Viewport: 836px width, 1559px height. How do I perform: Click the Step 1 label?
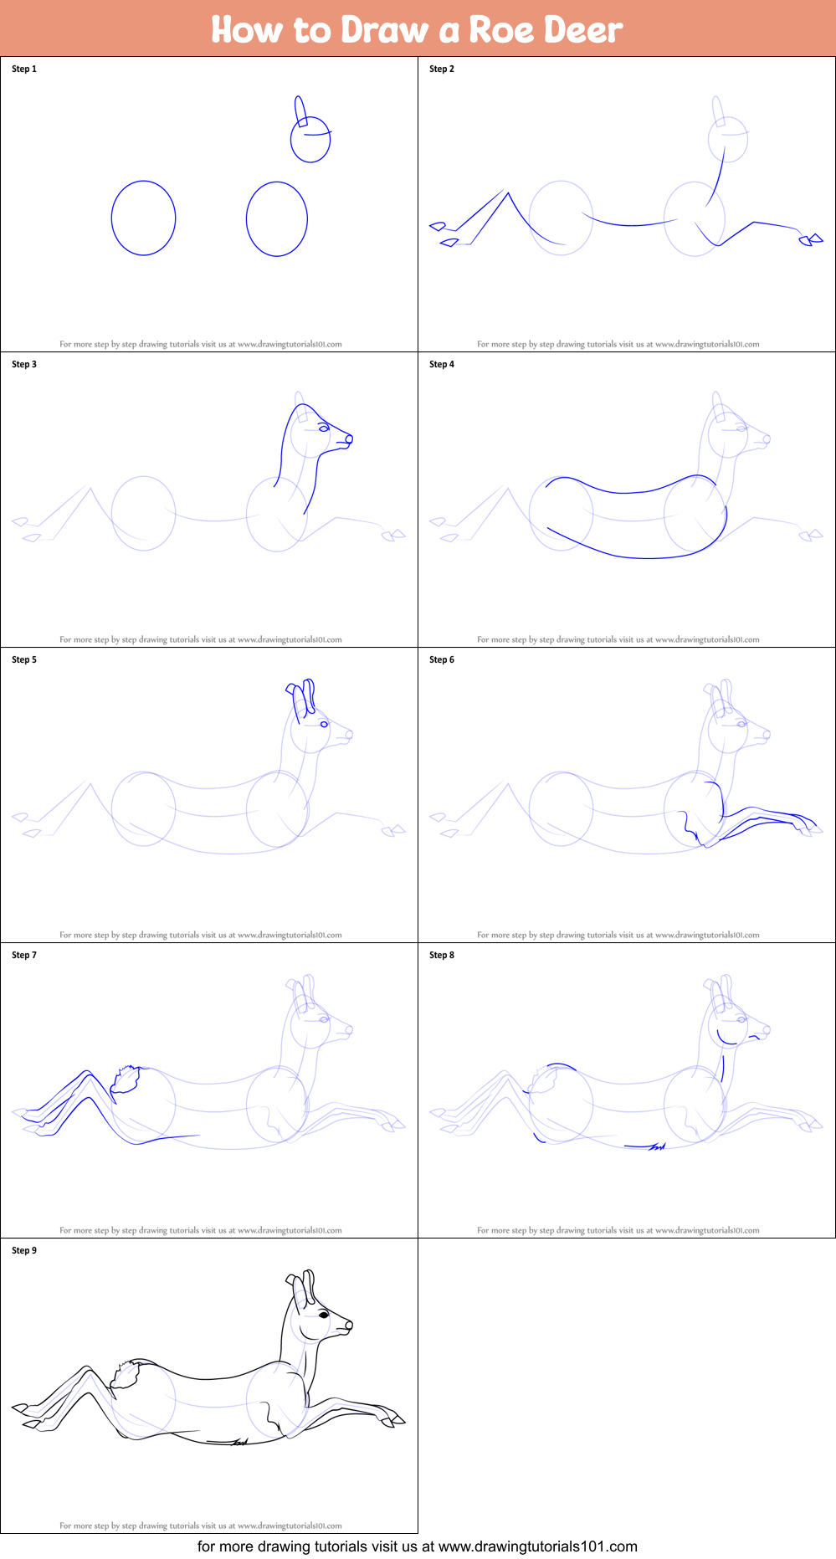[24, 69]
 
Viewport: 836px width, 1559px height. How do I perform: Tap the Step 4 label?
[442, 364]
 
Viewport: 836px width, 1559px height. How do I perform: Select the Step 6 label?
[442, 659]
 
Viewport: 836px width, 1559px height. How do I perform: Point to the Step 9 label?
[24, 1250]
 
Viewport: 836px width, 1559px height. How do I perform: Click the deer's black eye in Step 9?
[323, 1315]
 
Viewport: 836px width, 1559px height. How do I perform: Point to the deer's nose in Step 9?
[349, 1325]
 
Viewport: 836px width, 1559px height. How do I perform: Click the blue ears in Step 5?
[301, 697]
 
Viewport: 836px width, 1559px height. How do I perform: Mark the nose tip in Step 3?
[350, 438]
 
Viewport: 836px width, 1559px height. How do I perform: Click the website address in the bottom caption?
[538, 1546]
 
